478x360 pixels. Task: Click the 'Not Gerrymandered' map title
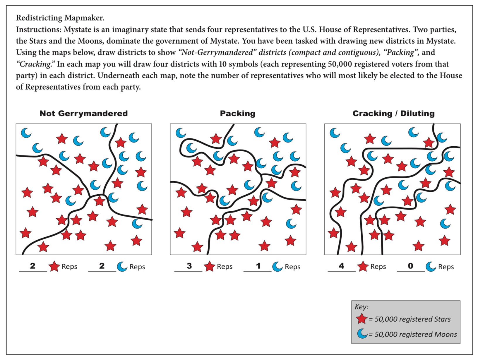[83, 114]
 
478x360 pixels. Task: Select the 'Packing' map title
[237, 114]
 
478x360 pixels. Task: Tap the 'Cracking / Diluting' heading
[393, 114]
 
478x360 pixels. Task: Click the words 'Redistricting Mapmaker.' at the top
[60, 18]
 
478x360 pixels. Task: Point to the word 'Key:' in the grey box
[362, 307]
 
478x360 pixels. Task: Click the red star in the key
[362, 319]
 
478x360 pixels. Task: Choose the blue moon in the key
[362, 334]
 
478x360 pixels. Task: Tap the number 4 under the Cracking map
[341, 266]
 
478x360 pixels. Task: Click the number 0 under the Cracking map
[410, 266]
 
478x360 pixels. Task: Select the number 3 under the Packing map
[189, 266]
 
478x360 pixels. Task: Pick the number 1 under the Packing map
[258, 266]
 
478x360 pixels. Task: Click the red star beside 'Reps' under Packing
[209, 267]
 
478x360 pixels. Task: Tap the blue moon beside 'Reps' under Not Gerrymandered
[122, 267]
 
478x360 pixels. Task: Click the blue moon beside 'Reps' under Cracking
[431, 267]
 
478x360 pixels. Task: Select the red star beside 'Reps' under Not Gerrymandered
[54, 267]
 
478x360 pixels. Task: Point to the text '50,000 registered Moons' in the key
[416, 334]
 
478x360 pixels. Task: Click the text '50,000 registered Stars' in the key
[412, 319]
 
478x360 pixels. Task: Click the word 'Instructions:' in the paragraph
[39, 30]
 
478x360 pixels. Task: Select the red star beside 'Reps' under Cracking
[363, 267]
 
